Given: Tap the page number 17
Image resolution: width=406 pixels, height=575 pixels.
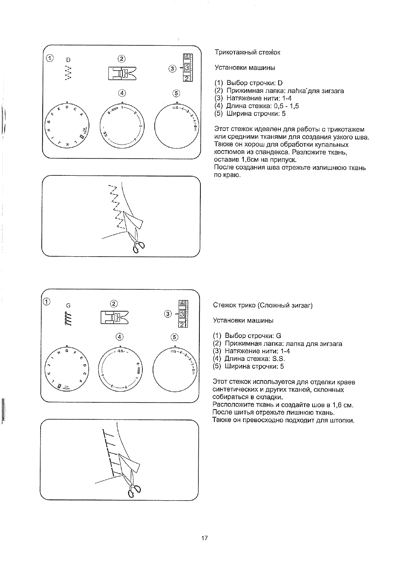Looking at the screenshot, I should point(205,538).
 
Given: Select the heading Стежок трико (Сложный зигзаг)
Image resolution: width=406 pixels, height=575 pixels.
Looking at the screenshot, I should point(262,305).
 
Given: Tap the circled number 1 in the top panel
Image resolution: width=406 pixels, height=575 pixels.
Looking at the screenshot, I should point(50,58).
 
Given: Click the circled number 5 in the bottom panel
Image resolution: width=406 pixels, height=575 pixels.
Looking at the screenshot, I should point(174,337).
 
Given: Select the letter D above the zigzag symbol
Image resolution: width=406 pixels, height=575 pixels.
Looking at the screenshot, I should point(68,60).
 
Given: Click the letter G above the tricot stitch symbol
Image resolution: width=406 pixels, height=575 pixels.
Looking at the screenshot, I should point(68,305).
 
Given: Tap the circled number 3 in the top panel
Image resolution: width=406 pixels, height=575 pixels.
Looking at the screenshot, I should point(172,69).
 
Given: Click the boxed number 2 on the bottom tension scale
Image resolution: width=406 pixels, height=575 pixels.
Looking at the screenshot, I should point(182,325).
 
